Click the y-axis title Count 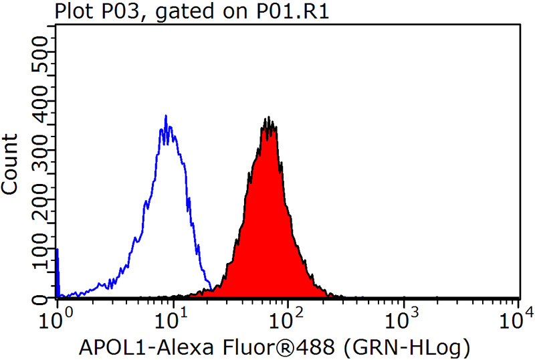11,163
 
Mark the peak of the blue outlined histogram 166,117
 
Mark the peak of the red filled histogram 267,120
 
